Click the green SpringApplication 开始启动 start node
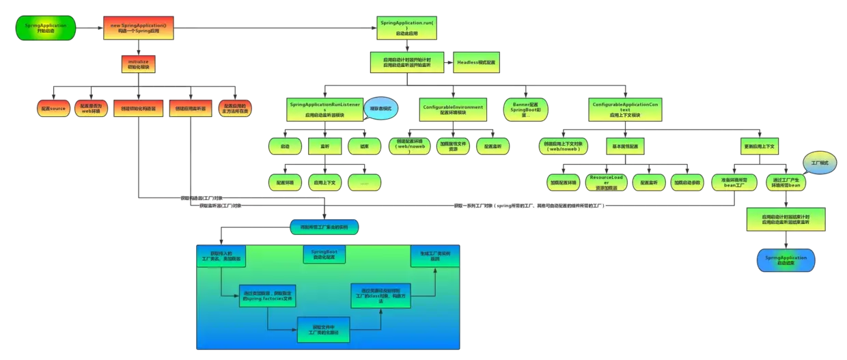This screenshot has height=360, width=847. tap(45, 28)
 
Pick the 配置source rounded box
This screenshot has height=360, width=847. tap(53, 108)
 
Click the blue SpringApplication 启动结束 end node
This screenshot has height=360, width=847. tap(786, 260)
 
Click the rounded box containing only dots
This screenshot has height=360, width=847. tap(364, 182)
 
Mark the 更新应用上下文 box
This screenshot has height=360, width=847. tap(761, 146)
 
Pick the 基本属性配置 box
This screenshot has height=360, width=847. tap(625, 146)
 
